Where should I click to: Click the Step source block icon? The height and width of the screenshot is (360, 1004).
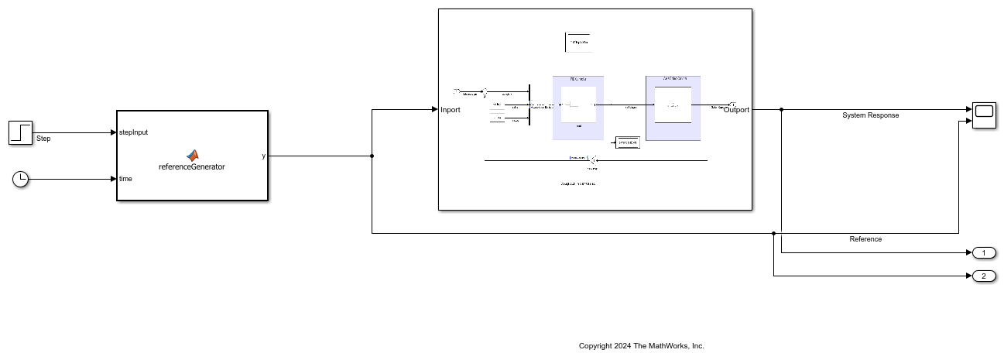point(21,132)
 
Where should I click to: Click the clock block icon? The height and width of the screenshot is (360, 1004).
point(21,180)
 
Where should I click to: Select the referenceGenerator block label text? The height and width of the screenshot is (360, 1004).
point(192,166)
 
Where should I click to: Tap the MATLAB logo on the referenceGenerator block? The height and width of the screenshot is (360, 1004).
point(192,155)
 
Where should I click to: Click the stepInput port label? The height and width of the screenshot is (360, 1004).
point(133,132)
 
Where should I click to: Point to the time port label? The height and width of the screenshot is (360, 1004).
point(125,179)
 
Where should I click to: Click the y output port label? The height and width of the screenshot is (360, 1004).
point(263,156)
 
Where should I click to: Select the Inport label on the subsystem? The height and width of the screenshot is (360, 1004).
point(451,110)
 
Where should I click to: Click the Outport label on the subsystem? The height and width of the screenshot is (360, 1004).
point(736,110)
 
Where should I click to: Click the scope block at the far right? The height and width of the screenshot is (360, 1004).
point(984,115)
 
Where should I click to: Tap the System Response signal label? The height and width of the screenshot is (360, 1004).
point(870,115)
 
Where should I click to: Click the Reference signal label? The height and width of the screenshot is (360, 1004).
point(865,239)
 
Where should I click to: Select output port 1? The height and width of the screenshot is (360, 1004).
point(984,253)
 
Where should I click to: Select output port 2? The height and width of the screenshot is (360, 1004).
point(984,276)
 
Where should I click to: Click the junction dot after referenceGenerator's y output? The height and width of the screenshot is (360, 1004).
point(372,156)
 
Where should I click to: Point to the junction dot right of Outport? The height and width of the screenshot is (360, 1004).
point(782,109)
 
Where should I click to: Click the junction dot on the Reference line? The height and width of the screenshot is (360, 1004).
point(773,233)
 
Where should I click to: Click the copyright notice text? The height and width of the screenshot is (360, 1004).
point(641,346)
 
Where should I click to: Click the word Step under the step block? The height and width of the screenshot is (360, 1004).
point(43,139)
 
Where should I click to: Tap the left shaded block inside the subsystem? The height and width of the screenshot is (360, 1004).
point(578,108)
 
